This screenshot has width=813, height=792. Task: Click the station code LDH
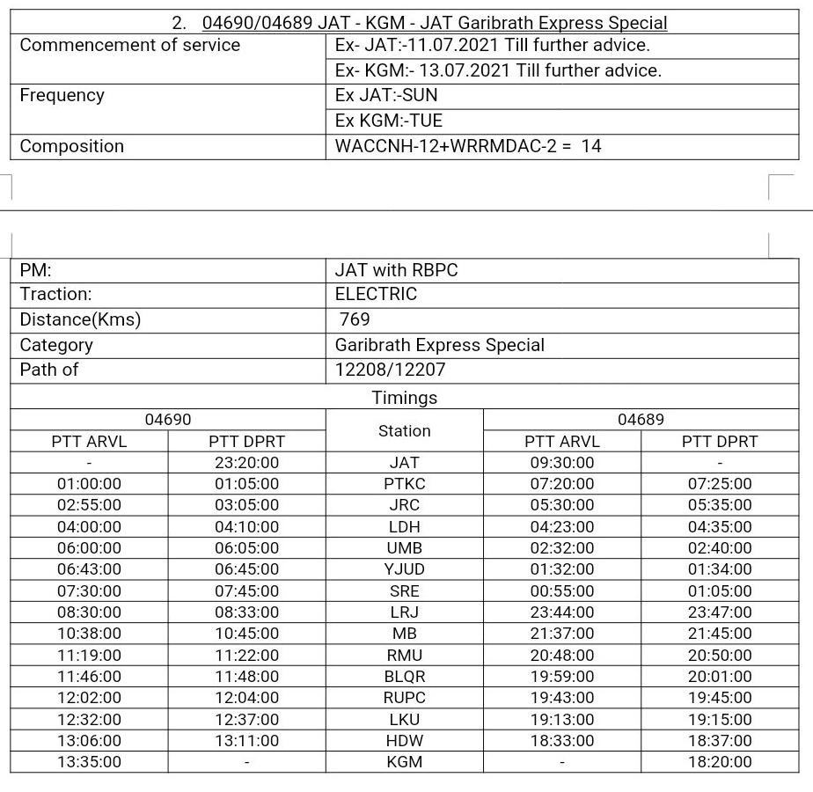(404, 527)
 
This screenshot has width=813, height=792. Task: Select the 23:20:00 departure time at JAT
(246, 463)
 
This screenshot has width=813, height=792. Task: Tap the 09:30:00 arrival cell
(561, 463)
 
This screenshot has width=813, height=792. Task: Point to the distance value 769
(355, 319)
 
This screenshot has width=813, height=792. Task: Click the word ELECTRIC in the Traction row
(376, 294)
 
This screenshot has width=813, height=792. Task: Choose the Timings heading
(404, 398)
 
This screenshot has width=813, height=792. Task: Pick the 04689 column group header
(641, 420)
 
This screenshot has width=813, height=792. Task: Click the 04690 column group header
(167, 420)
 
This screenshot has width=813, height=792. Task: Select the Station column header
(404, 430)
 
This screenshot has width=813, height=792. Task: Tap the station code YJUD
(404, 569)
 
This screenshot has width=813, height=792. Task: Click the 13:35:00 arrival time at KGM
(89, 762)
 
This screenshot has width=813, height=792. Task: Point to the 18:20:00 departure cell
(720, 762)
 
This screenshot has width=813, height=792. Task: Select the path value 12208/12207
(390, 370)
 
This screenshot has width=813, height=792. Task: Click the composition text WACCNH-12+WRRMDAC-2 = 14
(468, 146)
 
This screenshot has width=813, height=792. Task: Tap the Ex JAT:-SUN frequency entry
(386, 95)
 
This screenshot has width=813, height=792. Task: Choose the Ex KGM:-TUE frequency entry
(389, 121)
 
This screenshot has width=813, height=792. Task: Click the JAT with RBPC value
(396, 270)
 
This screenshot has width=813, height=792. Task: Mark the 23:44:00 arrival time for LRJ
(561, 612)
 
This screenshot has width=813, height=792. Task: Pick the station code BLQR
(404, 677)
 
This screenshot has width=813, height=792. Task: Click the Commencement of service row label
(129, 45)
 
